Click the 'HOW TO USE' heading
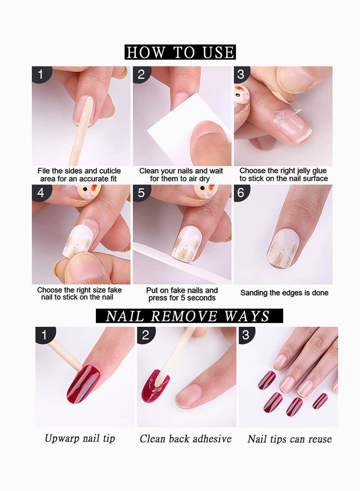point(180,52)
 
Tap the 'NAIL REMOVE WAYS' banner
point(189,316)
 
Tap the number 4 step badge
point(41,193)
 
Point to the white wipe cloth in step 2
point(166,131)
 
